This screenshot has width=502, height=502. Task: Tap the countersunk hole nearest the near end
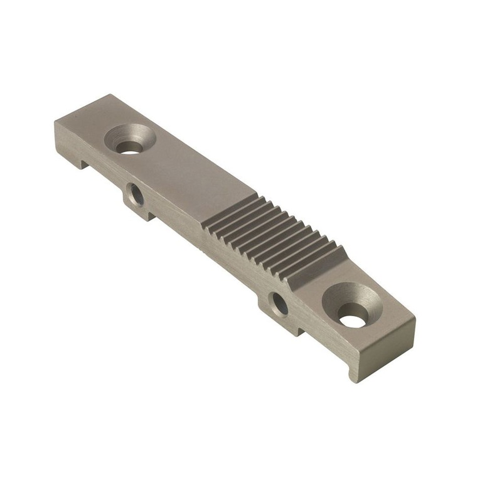coord(353,320)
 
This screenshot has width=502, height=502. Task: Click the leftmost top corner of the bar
coord(55,121)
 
